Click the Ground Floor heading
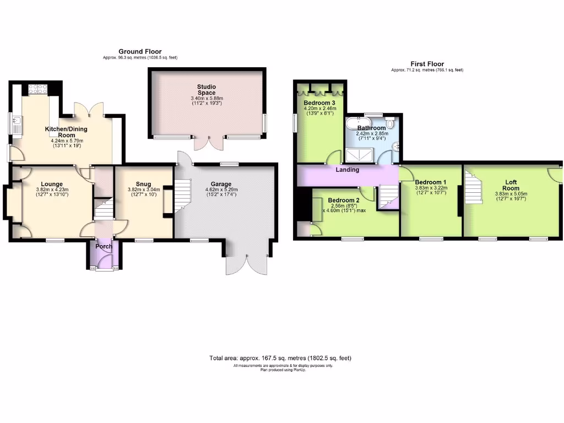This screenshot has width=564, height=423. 140,51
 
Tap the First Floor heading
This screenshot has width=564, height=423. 427,64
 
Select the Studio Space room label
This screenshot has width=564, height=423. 207,90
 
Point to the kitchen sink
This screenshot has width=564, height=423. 17,124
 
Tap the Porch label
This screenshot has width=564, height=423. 104,246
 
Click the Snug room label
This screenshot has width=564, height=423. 143,185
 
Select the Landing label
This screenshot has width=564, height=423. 348,170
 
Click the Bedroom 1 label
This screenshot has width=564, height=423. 431,182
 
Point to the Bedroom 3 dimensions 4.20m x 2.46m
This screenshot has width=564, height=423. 320,109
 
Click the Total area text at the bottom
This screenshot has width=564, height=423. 280,358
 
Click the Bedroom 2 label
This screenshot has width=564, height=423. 344,200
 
